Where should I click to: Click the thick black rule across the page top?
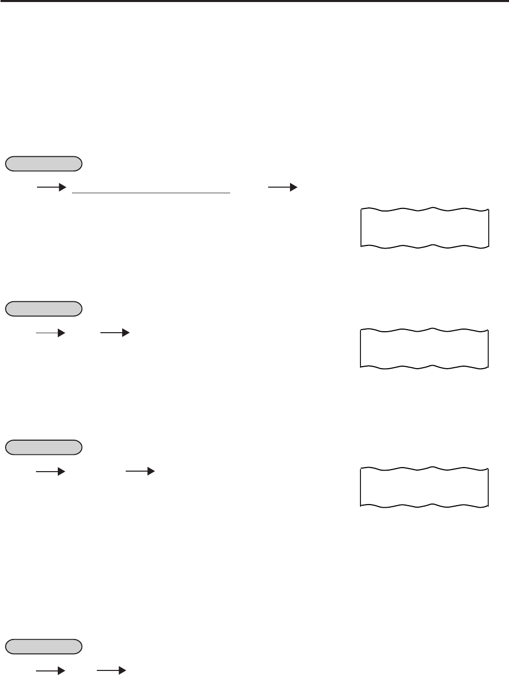tap(254, 2)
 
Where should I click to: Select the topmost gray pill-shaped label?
tap(44, 163)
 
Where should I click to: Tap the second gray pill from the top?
tap(44, 308)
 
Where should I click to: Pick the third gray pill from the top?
tap(44, 447)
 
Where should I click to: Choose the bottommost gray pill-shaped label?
tap(44, 646)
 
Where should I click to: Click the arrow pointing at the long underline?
tap(52, 187)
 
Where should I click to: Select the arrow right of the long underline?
tap(282, 187)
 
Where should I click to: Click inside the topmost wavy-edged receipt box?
tap(424, 227)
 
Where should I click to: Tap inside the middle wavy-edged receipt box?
tap(424, 348)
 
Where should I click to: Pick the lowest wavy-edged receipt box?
tap(424, 487)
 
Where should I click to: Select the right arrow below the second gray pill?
tap(115, 333)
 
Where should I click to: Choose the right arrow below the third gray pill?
tap(140, 472)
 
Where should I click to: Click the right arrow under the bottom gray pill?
tap(111, 671)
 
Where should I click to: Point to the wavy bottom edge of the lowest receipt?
tap(424, 505)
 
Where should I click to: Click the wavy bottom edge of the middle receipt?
tap(424, 366)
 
